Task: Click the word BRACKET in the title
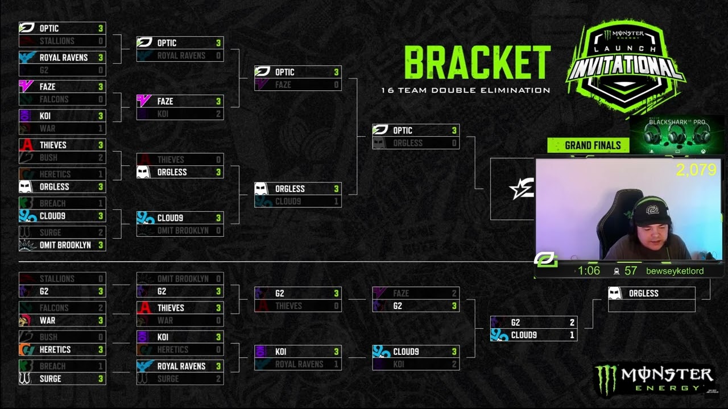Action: pos(477,62)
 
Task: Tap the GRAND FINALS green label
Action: pos(593,145)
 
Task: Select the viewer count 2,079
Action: pos(696,170)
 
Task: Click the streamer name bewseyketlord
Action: pos(675,271)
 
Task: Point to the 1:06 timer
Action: pos(589,271)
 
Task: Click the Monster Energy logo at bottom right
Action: pos(653,379)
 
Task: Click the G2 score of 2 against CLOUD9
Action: pos(572,323)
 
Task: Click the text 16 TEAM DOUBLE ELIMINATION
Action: pos(465,90)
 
